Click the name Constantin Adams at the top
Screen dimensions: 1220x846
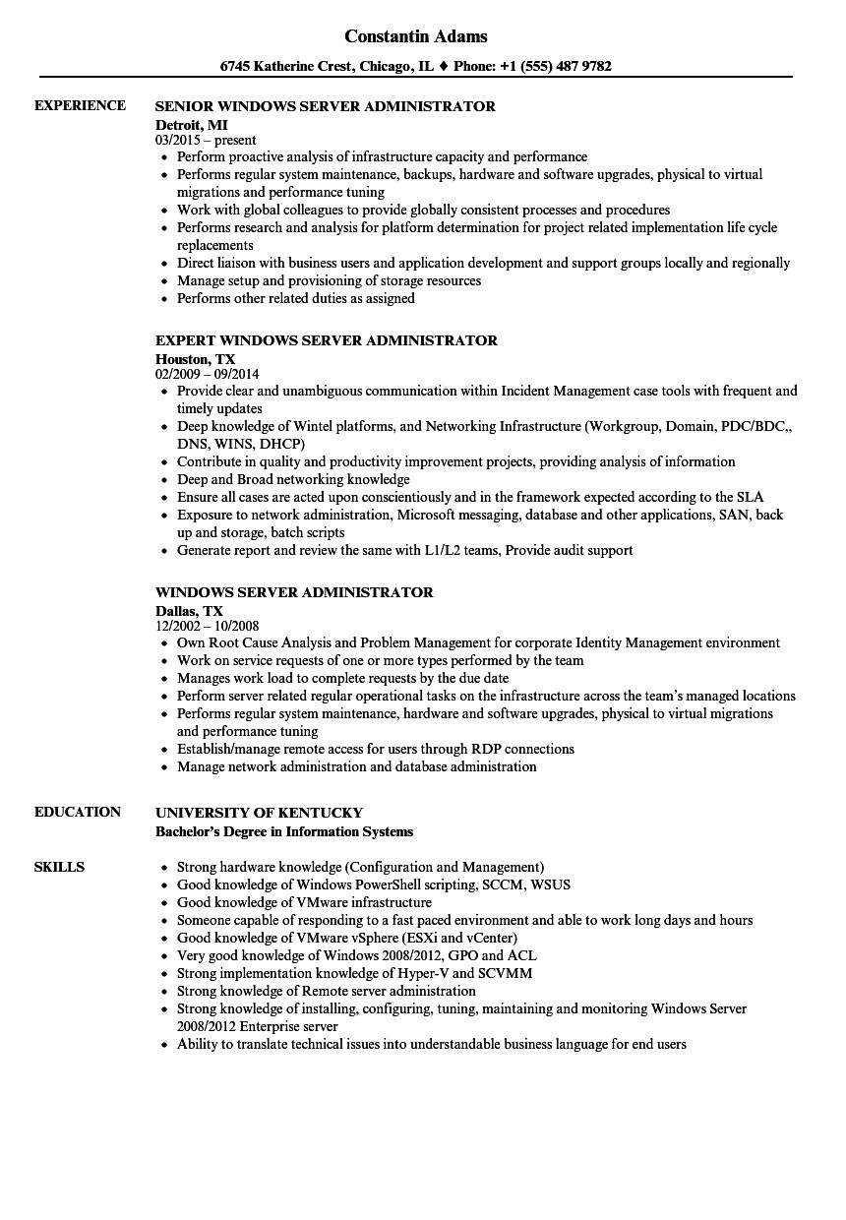tap(416, 36)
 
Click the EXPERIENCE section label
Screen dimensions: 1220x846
tap(80, 105)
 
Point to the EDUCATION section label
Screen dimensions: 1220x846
tap(78, 812)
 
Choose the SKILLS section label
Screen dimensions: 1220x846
tap(59, 867)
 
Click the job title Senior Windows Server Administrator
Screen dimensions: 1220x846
tap(326, 106)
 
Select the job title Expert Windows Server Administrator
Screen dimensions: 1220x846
tap(327, 340)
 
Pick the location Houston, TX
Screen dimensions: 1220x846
tap(196, 358)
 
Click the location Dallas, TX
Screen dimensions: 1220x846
tap(189, 610)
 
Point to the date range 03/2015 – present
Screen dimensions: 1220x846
tap(206, 140)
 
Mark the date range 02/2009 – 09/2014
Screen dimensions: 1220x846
tap(207, 374)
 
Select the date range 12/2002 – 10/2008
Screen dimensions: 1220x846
tap(208, 626)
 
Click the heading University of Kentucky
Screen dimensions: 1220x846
tap(260, 813)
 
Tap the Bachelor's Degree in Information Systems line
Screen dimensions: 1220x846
tap(284, 831)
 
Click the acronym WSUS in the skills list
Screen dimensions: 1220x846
tap(551, 884)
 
